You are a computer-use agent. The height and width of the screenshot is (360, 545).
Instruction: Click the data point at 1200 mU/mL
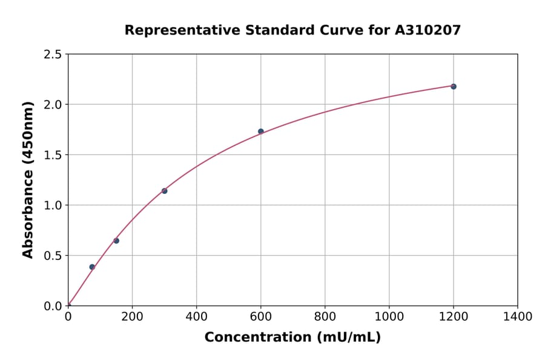coord(454,87)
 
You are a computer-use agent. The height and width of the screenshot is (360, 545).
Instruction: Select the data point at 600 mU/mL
coord(261,132)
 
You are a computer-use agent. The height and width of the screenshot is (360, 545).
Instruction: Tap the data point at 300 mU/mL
coord(165,191)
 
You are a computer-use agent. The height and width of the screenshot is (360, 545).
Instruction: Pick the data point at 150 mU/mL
coord(116,241)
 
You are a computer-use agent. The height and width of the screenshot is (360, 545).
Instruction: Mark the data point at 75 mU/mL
coord(92,267)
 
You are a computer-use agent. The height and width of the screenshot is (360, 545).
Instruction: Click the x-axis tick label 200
coord(132,316)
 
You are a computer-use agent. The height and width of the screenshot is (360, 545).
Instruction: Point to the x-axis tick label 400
coord(196,316)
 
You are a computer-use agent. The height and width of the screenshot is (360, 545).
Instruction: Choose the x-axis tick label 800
coord(325,316)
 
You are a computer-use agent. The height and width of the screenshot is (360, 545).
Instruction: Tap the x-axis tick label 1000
coord(389,316)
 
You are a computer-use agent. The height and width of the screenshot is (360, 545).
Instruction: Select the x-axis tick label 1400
coord(518,316)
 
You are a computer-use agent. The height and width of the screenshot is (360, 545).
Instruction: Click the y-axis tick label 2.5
coord(53,55)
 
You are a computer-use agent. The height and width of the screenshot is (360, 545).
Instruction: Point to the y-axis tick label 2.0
coord(53,105)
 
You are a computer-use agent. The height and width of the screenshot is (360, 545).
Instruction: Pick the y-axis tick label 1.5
coord(53,155)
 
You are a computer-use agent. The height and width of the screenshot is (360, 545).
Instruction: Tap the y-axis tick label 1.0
coord(53,205)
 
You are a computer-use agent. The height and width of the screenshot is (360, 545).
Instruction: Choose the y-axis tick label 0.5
coord(53,256)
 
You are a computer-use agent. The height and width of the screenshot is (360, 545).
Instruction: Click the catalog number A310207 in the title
coord(428,30)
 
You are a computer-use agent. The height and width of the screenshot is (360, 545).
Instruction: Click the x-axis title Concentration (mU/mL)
coord(292,337)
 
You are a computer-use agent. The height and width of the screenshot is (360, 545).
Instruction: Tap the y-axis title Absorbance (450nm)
coord(28,180)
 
